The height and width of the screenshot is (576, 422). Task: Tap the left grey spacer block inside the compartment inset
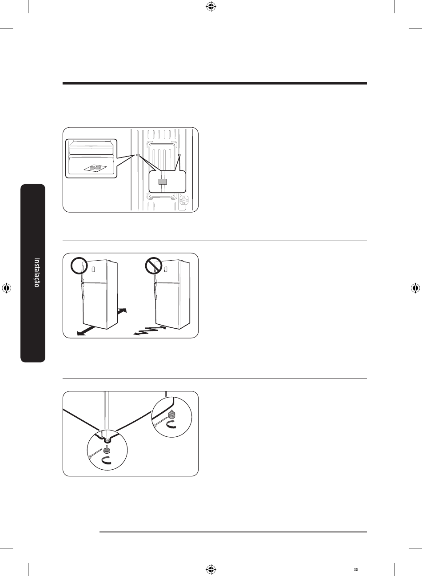point(93,167)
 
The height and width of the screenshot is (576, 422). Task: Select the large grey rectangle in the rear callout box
point(163,181)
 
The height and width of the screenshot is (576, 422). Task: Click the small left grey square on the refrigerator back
point(138,155)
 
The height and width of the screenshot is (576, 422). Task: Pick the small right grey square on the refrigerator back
point(179,155)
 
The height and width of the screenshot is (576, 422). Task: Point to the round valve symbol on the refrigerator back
point(184,200)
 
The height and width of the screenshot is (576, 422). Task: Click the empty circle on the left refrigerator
point(79,266)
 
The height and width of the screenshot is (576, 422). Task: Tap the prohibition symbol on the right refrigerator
point(153,266)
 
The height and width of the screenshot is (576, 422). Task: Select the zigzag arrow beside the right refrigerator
point(150,330)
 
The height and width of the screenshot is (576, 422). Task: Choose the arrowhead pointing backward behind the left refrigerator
point(124,310)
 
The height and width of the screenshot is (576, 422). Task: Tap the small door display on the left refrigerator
point(93,269)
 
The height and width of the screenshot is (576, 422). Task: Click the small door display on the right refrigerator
point(166,269)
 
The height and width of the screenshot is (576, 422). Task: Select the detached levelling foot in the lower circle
point(107,451)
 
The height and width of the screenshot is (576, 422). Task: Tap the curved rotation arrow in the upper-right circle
point(171,424)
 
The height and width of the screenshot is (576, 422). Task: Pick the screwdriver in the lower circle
point(96,453)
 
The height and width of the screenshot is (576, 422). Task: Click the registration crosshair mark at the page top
point(211,7)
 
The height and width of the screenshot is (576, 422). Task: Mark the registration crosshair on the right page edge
point(415,288)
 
